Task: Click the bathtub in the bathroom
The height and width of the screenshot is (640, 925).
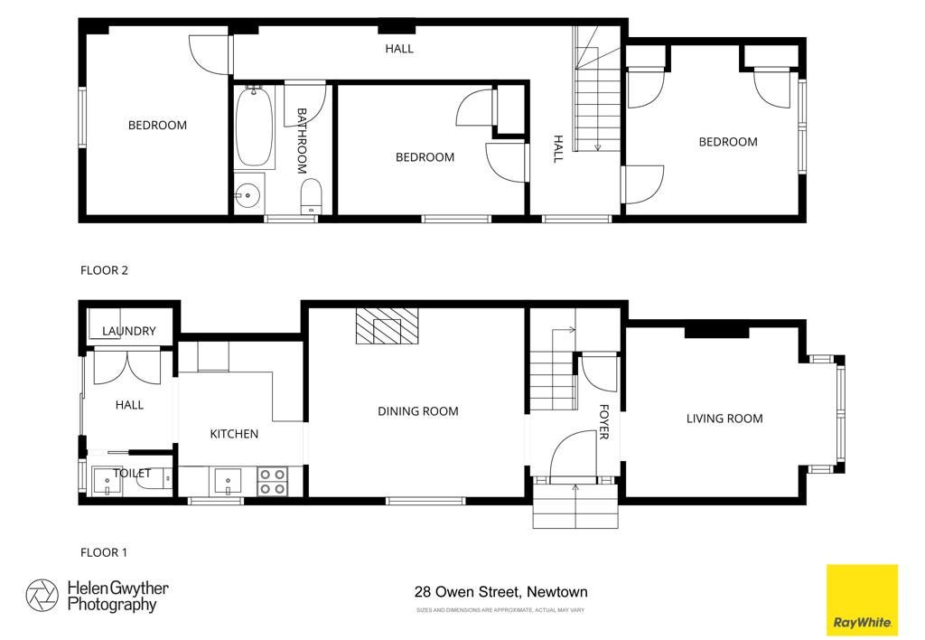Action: [x=254, y=127]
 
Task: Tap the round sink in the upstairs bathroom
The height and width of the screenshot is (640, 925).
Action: [x=248, y=193]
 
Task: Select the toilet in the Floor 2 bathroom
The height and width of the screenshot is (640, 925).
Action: [x=311, y=196]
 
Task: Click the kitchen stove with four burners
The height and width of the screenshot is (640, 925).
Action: [x=273, y=481]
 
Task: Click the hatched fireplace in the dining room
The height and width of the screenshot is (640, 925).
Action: [x=387, y=326]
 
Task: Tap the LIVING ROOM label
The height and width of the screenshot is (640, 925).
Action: [x=724, y=419]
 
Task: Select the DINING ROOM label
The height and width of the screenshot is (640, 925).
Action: [x=417, y=411]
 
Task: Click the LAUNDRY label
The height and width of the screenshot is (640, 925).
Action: [x=129, y=331]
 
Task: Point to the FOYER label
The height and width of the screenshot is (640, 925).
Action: [x=603, y=421]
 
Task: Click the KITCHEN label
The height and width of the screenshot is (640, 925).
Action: [x=234, y=434]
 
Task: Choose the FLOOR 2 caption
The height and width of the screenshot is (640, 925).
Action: [x=104, y=270]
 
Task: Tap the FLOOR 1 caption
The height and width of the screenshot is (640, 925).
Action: [x=104, y=552]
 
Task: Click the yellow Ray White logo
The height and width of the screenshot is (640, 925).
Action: [x=862, y=600]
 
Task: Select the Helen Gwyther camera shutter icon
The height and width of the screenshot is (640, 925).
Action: [x=42, y=596]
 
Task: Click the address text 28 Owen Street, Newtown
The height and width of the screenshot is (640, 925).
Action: [x=500, y=591]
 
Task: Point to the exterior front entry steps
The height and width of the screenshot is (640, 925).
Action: [x=575, y=505]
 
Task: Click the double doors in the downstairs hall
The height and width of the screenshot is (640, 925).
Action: [x=126, y=367]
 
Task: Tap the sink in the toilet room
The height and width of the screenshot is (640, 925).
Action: [x=107, y=481]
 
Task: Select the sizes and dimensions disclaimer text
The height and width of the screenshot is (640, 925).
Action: [x=500, y=610]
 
